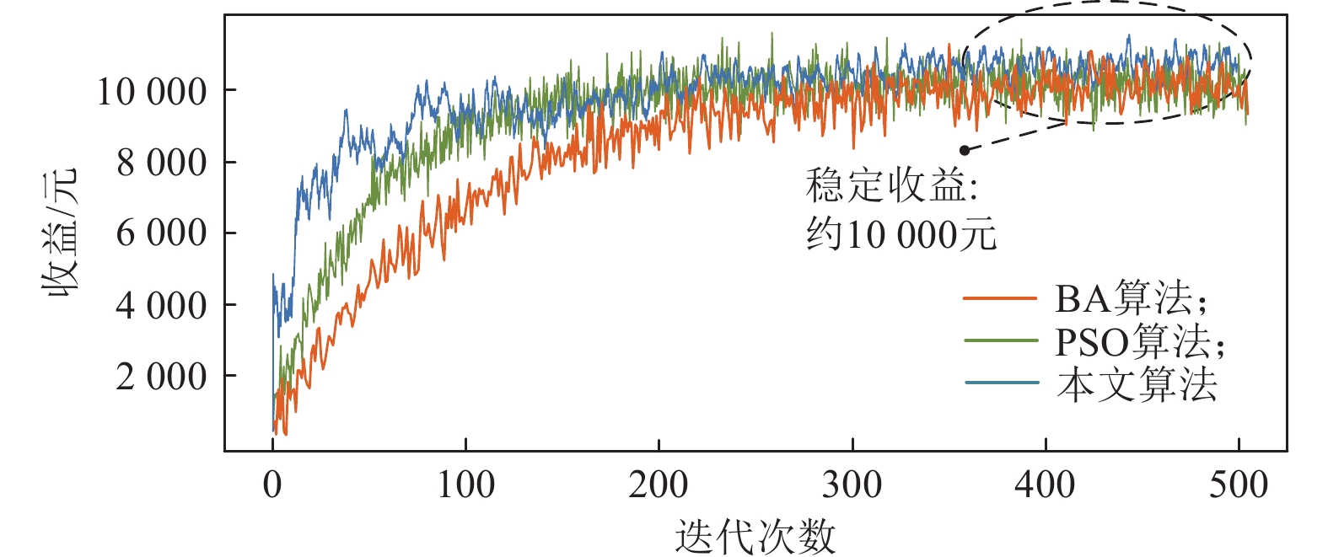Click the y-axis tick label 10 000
click(152, 91)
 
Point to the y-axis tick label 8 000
click(161, 163)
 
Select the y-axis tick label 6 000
click(161, 233)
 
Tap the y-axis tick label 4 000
click(161, 305)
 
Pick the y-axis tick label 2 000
click(161, 377)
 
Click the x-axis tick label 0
click(272, 485)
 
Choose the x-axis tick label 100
click(465, 485)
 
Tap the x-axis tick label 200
click(659, 485)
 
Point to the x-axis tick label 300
click(852, 485)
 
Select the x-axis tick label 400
click(1046, 485)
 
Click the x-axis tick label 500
click(1239, 485)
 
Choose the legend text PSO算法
click(1138, 341)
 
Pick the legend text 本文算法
click(1137, 384)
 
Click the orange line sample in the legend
click(1001, 298)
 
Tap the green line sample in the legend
click(1001, 341)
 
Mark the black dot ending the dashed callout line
click(965, 150)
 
